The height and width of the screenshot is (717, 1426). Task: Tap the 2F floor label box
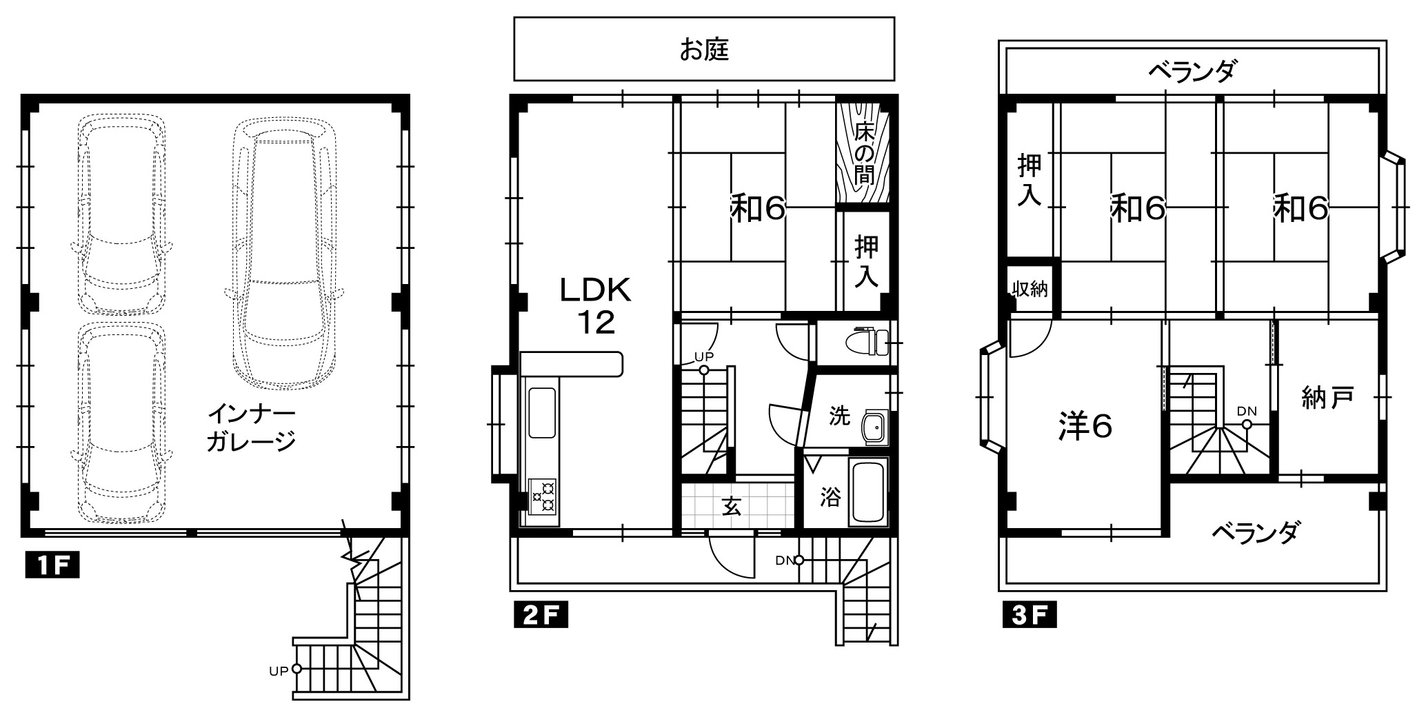[x=541, y=615]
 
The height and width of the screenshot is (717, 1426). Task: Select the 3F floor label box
[x=1029, y=615]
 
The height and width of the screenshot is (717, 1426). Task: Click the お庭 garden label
[x=704, y=50]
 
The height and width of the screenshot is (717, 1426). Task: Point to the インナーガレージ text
[x=252, y=428]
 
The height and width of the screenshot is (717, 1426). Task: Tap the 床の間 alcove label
[x=864, y=154]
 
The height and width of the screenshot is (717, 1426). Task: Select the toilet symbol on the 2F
[x=867, y=340]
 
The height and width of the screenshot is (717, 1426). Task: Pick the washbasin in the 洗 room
[x=874, y=429]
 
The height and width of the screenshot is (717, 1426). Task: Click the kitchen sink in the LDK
[x=542, y=413]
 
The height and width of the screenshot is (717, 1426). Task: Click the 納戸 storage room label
[x=1327, y=398]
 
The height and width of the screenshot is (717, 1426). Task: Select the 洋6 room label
[x=1085, y=427]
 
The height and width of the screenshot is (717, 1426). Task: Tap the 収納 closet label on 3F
[x=1030, y=289]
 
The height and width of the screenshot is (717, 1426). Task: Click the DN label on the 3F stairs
[x=1247, y=411]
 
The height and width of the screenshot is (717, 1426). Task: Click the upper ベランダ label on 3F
[x=1192, y=70]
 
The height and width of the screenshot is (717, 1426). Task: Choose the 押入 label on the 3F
[x=1030, y=180]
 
